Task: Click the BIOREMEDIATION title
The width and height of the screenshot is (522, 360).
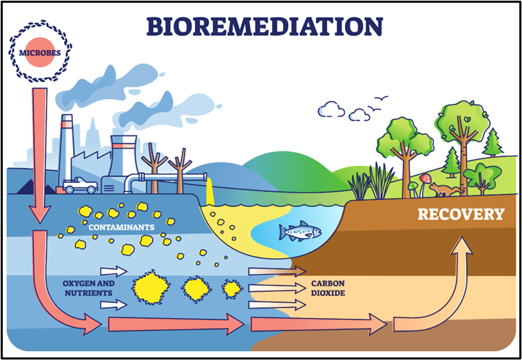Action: pyautogui.click(x=264, y=25)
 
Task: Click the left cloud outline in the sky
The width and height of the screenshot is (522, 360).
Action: pyautogui.click(x=331, y=109)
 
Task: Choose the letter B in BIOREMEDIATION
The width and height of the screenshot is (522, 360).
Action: pyautogui.click(x=155, y=25)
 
